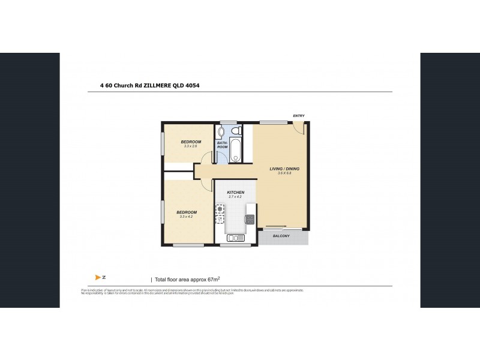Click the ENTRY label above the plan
298,116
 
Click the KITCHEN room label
235,193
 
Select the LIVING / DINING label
284,169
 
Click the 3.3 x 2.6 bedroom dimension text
191,146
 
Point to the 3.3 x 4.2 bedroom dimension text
186,217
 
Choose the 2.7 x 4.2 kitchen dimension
235,197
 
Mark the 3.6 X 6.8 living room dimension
284,173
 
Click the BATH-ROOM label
222,145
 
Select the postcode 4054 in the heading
192,86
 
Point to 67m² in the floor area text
212,279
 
